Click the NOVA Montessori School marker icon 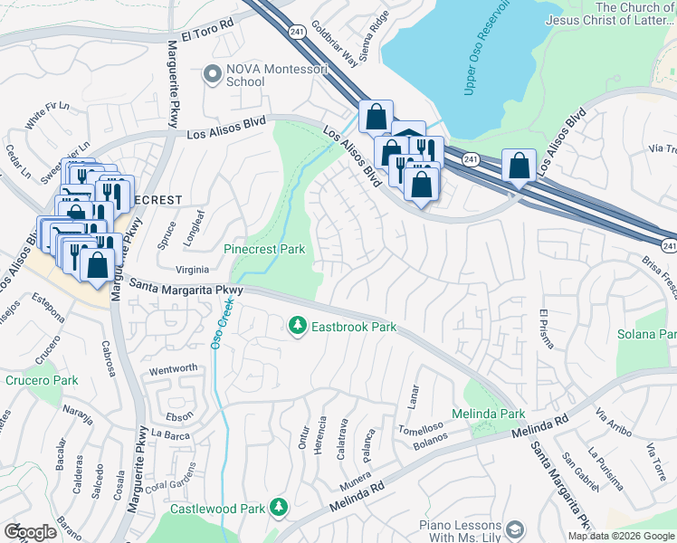tap(213, 73)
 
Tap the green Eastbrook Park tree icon tap(296, 324)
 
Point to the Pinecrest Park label tap(264, 249)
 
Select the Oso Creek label tap(217, 325)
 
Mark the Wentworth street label tap(173, 369)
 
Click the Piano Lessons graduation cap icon tap(515, 529)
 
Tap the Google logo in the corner tap(30, 532)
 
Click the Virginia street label tap(191, 270)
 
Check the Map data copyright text tap(622, 536)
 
